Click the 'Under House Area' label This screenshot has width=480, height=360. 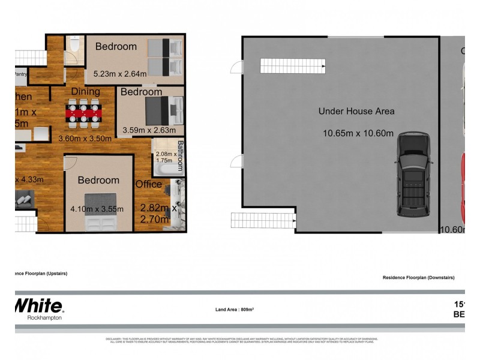click(356, 111)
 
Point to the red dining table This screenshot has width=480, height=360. click(84, 112)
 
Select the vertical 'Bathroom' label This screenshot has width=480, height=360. click(180, 155)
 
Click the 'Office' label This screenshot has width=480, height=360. click(148, 184)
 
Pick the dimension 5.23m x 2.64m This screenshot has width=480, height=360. click(120, 75)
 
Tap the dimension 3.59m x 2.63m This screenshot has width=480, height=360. click(149, 130)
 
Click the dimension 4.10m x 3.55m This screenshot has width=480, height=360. click(97, 209)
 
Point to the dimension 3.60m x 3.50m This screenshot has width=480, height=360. click(85, 138)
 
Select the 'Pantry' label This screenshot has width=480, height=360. click(22, 75)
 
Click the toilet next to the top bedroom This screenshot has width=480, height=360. click(74, 45)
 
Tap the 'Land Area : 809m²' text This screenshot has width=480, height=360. click(235, 310)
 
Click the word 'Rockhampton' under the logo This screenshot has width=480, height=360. click(45, 318)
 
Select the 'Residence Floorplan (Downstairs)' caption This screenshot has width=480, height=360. click(418, 278)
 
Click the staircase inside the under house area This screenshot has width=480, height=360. click(292, 65)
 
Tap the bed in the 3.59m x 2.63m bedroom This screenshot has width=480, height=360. click(162, 111)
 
